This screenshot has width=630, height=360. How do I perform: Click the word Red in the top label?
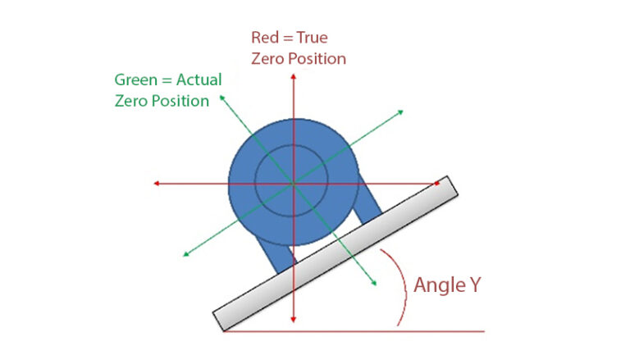tap(265, 38)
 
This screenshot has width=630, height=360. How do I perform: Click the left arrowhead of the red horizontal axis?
tap(156, 184)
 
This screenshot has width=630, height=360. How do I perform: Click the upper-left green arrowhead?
tap(221, 98)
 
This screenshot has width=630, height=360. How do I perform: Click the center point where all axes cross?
tap(293, 184)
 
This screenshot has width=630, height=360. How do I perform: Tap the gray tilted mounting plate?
tap(336, 253)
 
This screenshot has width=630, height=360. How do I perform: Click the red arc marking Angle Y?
tap(403, 291)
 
